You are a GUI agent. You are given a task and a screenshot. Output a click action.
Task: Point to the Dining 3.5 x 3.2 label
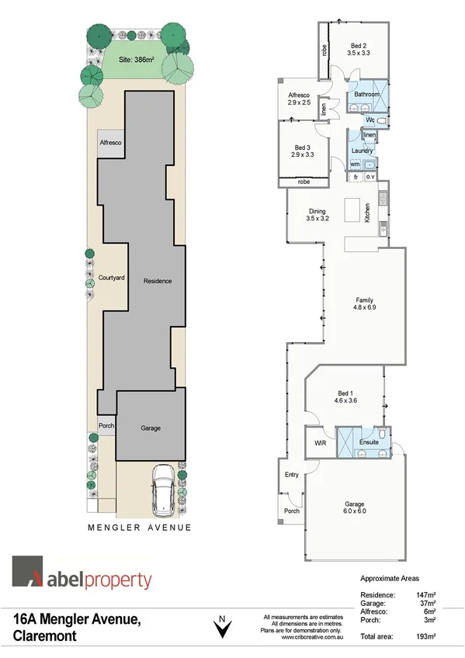[318, 215]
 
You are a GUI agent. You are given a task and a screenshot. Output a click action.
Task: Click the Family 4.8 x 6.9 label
[364, 304]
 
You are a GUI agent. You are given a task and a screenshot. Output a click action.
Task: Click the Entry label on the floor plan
[291, 475]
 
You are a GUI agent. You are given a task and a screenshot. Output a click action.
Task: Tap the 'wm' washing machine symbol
[355, 164]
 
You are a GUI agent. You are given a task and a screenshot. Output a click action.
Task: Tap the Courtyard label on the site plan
[112, 278]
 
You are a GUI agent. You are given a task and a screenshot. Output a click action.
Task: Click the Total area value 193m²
[424, 635]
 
